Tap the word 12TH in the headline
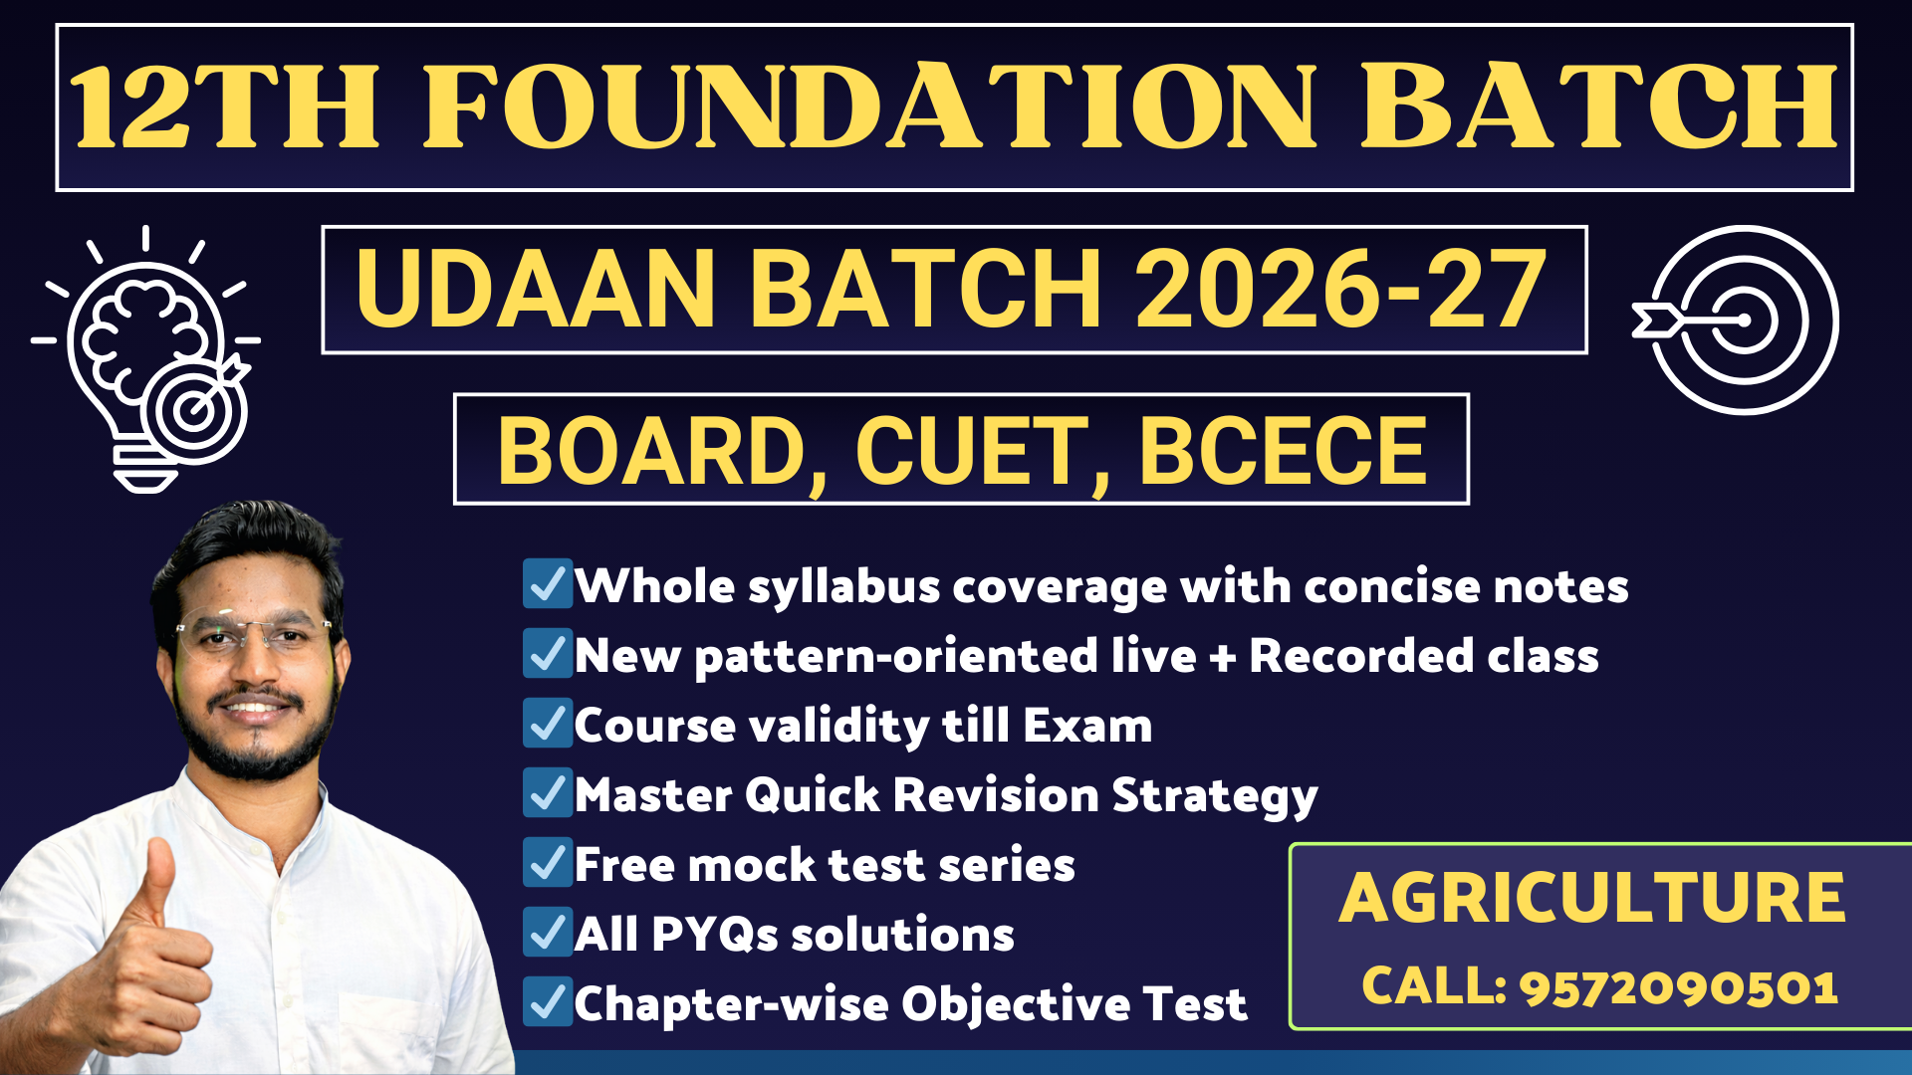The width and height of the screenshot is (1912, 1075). click(x=225, y=107)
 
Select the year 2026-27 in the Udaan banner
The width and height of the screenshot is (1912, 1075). click(x=1340, y=290)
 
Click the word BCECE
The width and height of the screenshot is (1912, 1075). click(x=1283, y=451)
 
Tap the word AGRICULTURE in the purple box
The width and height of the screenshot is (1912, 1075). click(x=1591, y=898)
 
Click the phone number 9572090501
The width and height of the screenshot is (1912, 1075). click(x=1678, y=986)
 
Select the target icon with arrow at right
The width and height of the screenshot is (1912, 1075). click(x=1738, y=321)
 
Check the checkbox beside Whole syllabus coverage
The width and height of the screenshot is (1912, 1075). click(x=547, y=584)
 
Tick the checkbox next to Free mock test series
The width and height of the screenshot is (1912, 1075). click(x=547, y=863)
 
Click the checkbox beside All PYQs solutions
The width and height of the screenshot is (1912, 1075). click(x=547, y=933)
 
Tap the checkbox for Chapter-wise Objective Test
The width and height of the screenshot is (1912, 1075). click(x=547, y=1002)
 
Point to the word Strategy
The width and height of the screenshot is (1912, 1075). click(x=1214, y=796)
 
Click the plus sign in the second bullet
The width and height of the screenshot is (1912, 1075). click(x=1222, y=658)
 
